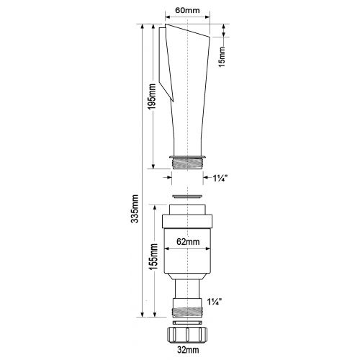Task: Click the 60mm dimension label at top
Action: tap(187, 10)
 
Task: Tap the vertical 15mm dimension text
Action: tap(222, 57)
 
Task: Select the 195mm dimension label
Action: tap(151, 96)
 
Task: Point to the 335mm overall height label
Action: tap(135, 209)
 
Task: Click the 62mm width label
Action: tap(188, 241)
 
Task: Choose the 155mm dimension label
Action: tap(153, 256)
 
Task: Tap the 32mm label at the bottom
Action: tap(188, 350)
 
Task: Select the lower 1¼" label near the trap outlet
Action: tap(214, 302)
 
